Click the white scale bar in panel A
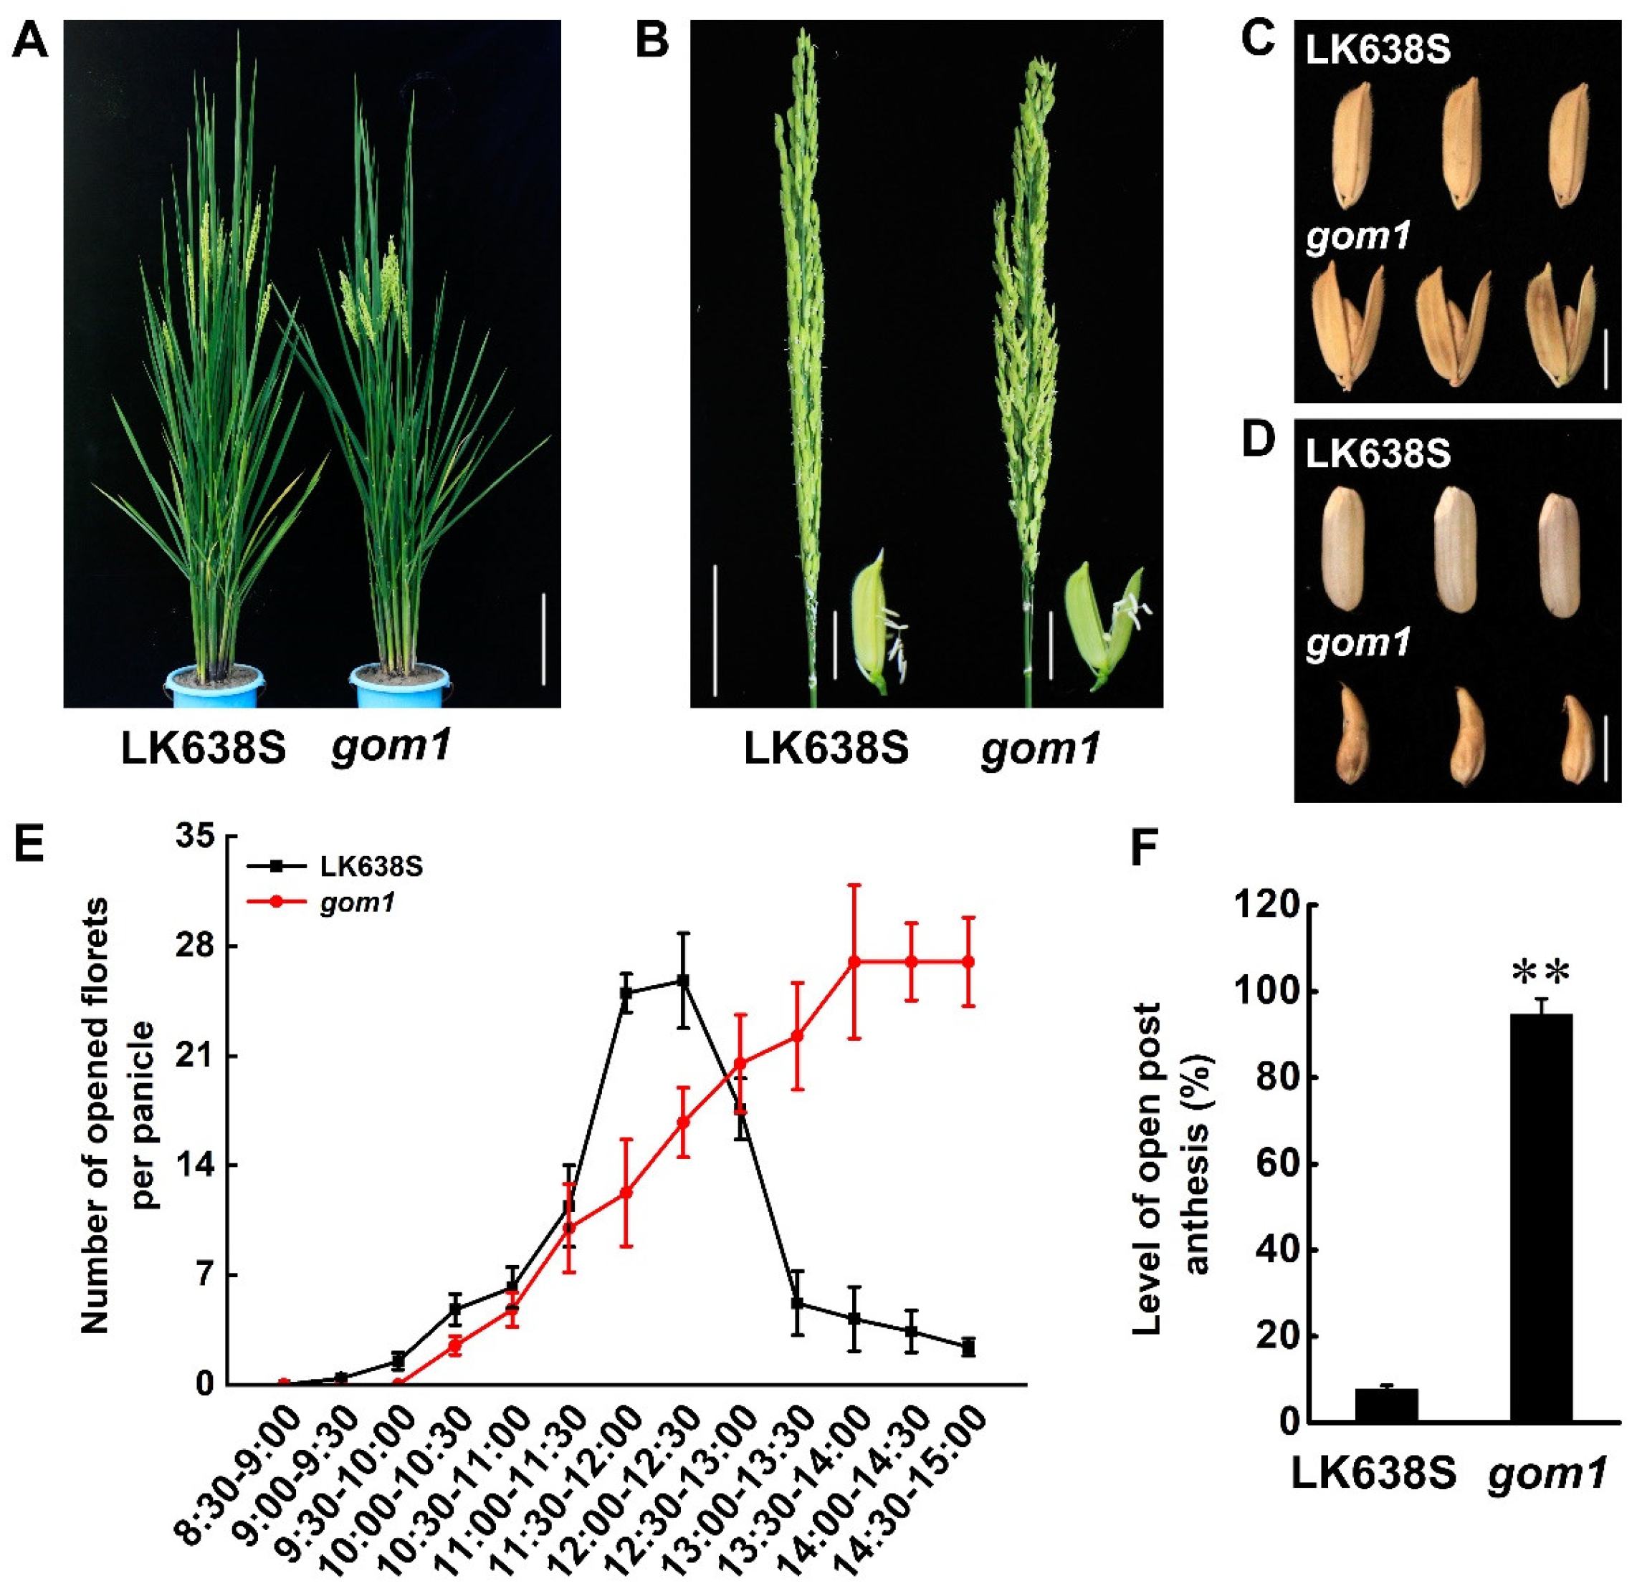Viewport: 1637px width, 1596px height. click(543, 639)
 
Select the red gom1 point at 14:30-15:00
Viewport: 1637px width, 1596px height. click(968, 961)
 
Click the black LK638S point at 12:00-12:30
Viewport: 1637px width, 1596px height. click(684, 981)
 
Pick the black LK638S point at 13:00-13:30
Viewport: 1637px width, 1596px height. click(798, 1304)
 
